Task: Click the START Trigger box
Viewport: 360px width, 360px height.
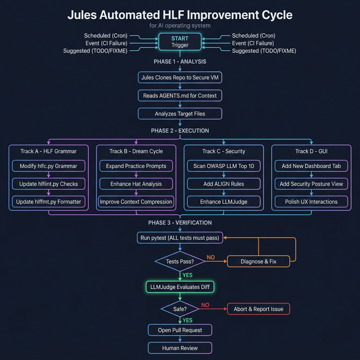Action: pos(180,42)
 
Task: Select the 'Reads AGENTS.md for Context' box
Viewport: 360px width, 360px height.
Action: pos(180,96)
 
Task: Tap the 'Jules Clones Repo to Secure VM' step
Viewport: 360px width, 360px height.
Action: pos(180,78)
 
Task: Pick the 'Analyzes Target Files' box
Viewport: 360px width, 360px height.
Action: pos(180,114)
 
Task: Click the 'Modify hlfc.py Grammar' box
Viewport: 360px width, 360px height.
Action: pos(48,166)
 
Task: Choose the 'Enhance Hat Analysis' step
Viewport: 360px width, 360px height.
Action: pos(136,183)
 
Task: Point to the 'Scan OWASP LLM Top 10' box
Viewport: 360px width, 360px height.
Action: pos(224,166)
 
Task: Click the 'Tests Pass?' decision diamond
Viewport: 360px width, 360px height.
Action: pos(180,262)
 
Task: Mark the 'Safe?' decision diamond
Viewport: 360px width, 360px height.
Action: pos(180,309)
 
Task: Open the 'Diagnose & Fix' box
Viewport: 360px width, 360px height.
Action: pos(258,262)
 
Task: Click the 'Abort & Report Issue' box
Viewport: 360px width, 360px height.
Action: pos(258,309)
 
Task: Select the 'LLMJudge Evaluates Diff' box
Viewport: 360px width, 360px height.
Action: pos(180,287)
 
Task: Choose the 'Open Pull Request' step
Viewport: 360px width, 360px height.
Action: pos(180,330)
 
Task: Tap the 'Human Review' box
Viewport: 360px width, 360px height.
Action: pos(180,348)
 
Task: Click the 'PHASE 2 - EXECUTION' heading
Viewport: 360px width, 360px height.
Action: pos(180,130)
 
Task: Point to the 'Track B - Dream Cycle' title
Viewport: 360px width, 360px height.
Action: pos(136,151)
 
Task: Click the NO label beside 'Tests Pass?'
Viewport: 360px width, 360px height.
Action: pos(211,257)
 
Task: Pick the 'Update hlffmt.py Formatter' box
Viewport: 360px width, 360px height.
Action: pos(48,201)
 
